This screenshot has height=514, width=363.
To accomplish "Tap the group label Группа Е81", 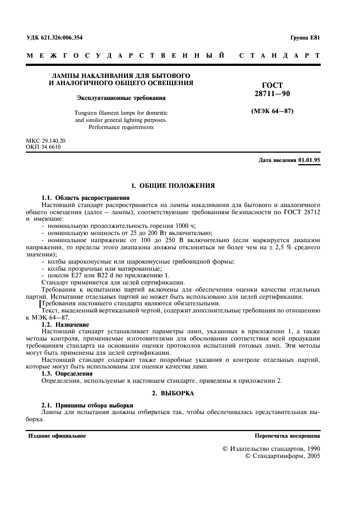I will pyautogui.click(x=305, y=37).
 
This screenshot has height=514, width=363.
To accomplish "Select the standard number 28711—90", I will pyautogui.click(x=273, y=94).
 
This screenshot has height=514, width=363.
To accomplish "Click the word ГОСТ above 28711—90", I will pyautogui.click(x=273, y=85).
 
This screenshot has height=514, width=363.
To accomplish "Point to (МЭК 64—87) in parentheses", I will pyautogui.click(x=273, y=111).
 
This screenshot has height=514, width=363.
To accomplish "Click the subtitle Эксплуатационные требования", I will pyautogui.click(x=121, y=98).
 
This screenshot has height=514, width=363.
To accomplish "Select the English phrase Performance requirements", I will pyautogui.click(x=121, y=127).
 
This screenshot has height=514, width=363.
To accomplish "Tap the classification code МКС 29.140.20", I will pyautogui.click(x=46, y=141).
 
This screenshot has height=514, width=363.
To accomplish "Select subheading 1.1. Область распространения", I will pyautogui.click(x=85, y=197).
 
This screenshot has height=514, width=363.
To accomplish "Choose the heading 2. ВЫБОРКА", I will pyautogui.click(x=172, y=393).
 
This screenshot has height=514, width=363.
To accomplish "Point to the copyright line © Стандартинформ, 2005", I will pyautogui.click(x=282, y=456).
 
